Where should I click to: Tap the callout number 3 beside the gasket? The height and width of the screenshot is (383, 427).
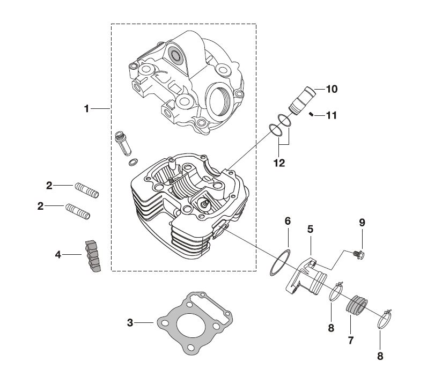point(130,322)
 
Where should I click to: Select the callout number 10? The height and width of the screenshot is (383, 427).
point(332,89)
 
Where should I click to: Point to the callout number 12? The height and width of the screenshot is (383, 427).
point(279,163)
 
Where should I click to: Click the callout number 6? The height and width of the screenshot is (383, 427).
point(288,221)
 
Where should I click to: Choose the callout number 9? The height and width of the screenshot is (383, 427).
point(362,222)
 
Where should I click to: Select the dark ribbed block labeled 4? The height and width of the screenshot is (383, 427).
point(92,256)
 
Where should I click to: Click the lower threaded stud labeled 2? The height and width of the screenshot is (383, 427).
point(78,210)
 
